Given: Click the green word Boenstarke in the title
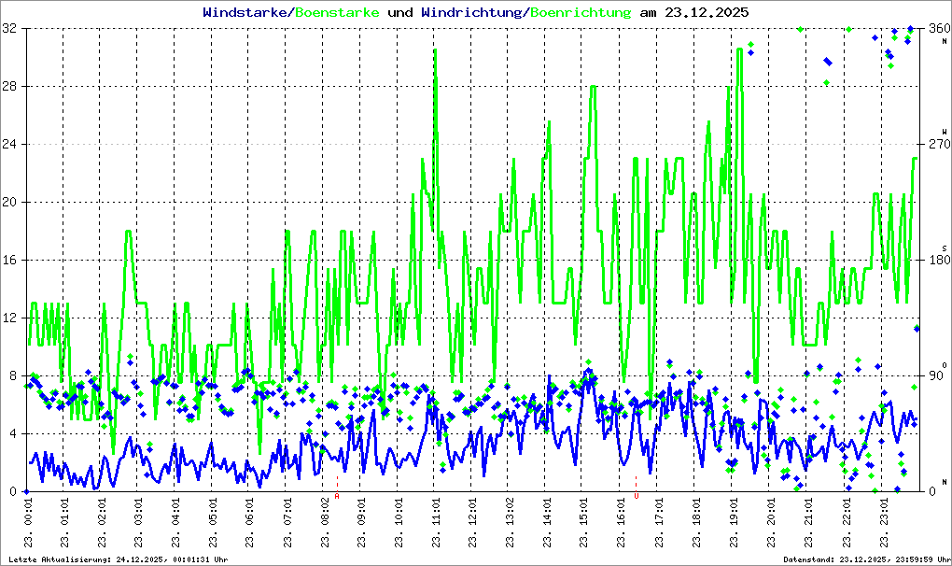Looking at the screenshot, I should (x=337, y=13).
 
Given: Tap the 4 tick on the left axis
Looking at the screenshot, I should (x=15, y=434).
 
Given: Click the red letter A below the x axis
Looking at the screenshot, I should (x=337, y=497).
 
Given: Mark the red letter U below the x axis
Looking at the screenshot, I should (x=636, y=497).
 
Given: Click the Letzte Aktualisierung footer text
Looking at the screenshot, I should (x=118, y=559).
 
